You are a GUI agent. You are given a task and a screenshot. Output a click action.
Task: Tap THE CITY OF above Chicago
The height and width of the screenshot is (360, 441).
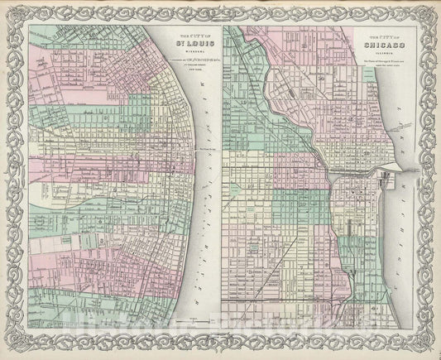(x=380, y=38)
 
